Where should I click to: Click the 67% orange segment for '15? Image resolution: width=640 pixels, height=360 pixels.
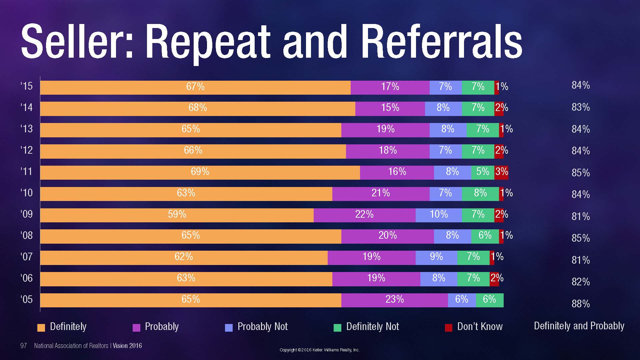coord(195,87)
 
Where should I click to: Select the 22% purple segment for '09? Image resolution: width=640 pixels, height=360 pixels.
coord(364,215)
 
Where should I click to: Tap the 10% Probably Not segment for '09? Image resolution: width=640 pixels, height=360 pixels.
coord(439,215)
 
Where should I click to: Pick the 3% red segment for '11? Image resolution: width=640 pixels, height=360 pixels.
coord(501,172)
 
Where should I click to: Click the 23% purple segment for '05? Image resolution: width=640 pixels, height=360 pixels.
coord(395,300)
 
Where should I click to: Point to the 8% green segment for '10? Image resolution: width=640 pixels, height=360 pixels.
coord(480,194)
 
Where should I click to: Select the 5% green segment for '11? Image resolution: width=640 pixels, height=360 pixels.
coord(483,172)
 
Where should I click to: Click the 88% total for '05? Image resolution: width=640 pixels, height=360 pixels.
coord(581,304)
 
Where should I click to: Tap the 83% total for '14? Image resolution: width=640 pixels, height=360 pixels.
coord(581,107)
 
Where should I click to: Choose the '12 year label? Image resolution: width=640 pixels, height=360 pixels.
coord(27,150)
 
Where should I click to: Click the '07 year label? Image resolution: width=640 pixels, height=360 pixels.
coord(27,257)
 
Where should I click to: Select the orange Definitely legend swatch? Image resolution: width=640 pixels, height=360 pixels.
coord(41,328)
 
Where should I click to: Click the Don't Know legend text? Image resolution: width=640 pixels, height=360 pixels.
coord(480,327)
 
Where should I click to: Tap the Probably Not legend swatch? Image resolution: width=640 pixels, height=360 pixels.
coord(229,328)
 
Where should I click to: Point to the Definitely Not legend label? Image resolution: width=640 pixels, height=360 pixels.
coord(372,327)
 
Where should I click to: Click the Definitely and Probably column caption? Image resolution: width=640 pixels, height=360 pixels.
coord(579,326)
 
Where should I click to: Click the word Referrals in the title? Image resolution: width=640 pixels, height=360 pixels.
coord(441,42)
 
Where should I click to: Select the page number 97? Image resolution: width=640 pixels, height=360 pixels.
coord(23,346)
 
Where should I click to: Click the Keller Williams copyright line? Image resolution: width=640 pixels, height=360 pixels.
coord(319,350)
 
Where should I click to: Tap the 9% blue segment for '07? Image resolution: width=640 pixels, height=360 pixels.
coord(436,257)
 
